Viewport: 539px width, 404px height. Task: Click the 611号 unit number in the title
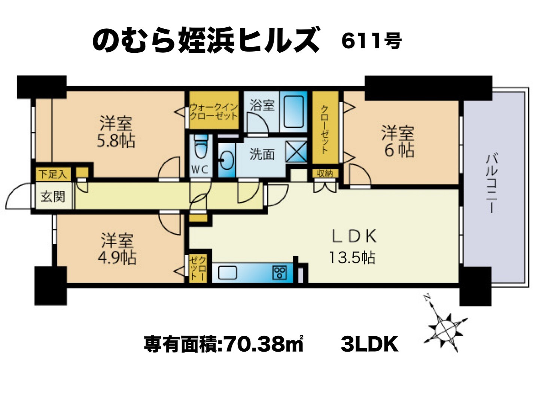click(x=371, y=41)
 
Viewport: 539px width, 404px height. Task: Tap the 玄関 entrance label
click(x=53, y=196)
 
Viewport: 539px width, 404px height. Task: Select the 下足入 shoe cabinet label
click(x=53, y=174)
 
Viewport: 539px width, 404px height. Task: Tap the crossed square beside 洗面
click(x=296, y=151)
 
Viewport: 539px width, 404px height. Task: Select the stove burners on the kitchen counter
click(x=280, y=273)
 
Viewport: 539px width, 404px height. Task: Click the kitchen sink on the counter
click(x=227, y=273)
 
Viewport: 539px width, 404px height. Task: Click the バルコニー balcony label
click(x=491, y=183)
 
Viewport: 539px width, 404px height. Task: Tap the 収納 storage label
click(x=325, y=174)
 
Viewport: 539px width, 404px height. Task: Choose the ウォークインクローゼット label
click(x=214, y=111)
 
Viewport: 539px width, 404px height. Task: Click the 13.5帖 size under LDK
click(x=352, y=258)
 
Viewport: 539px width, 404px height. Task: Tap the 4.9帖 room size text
click(x=117, y=258)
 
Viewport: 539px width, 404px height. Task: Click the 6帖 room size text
click(x=399, y=150)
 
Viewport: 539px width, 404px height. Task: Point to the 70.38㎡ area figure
click(x=262, y=344)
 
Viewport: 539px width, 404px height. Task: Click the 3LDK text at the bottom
click(x=369, y=345)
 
